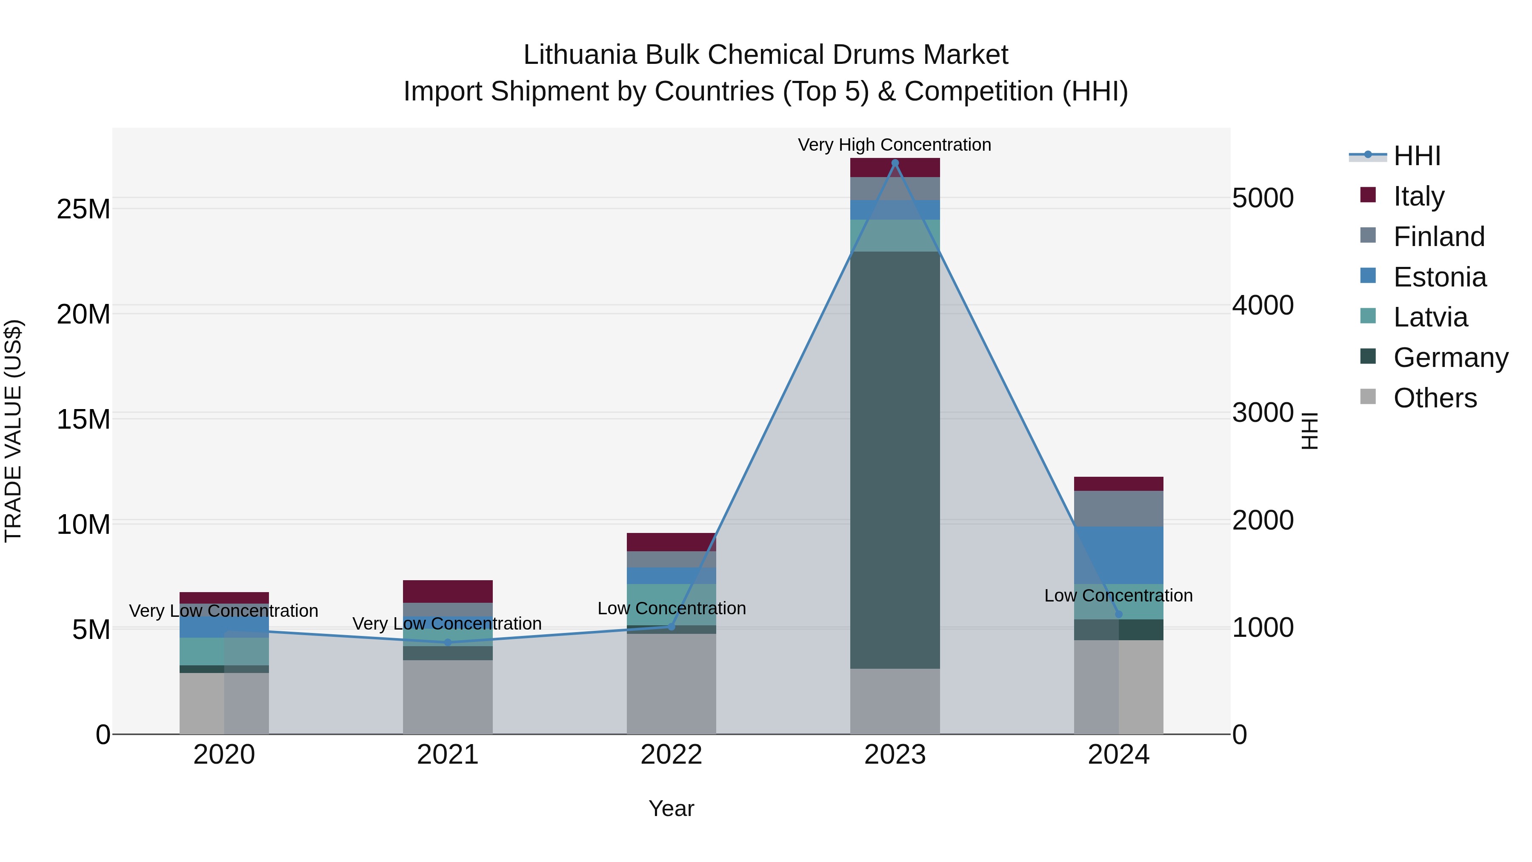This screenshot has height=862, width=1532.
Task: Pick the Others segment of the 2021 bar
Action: (x=447, y=696)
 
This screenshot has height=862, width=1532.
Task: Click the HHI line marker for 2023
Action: (x=895, y=163)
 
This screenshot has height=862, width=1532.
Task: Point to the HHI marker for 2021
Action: (x=448, y=642)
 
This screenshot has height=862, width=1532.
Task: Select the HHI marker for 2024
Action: (x=1119, y=614)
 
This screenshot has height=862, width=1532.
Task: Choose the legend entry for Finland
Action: (x=1439, y=237)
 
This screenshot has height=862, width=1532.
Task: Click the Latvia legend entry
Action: (x=1430, y=317)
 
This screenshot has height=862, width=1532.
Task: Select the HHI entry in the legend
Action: (x=1417, y=156)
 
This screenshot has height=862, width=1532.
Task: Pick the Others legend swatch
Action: (x=1368, y=397)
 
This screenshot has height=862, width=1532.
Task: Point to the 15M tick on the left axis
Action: (x=83, y=419)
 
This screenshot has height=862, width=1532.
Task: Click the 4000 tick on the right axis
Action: (x=1263, y=305)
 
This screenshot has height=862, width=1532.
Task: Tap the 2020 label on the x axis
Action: (x=224, y=755)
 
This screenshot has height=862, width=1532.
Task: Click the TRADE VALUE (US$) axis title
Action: (x=13, y=431)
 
